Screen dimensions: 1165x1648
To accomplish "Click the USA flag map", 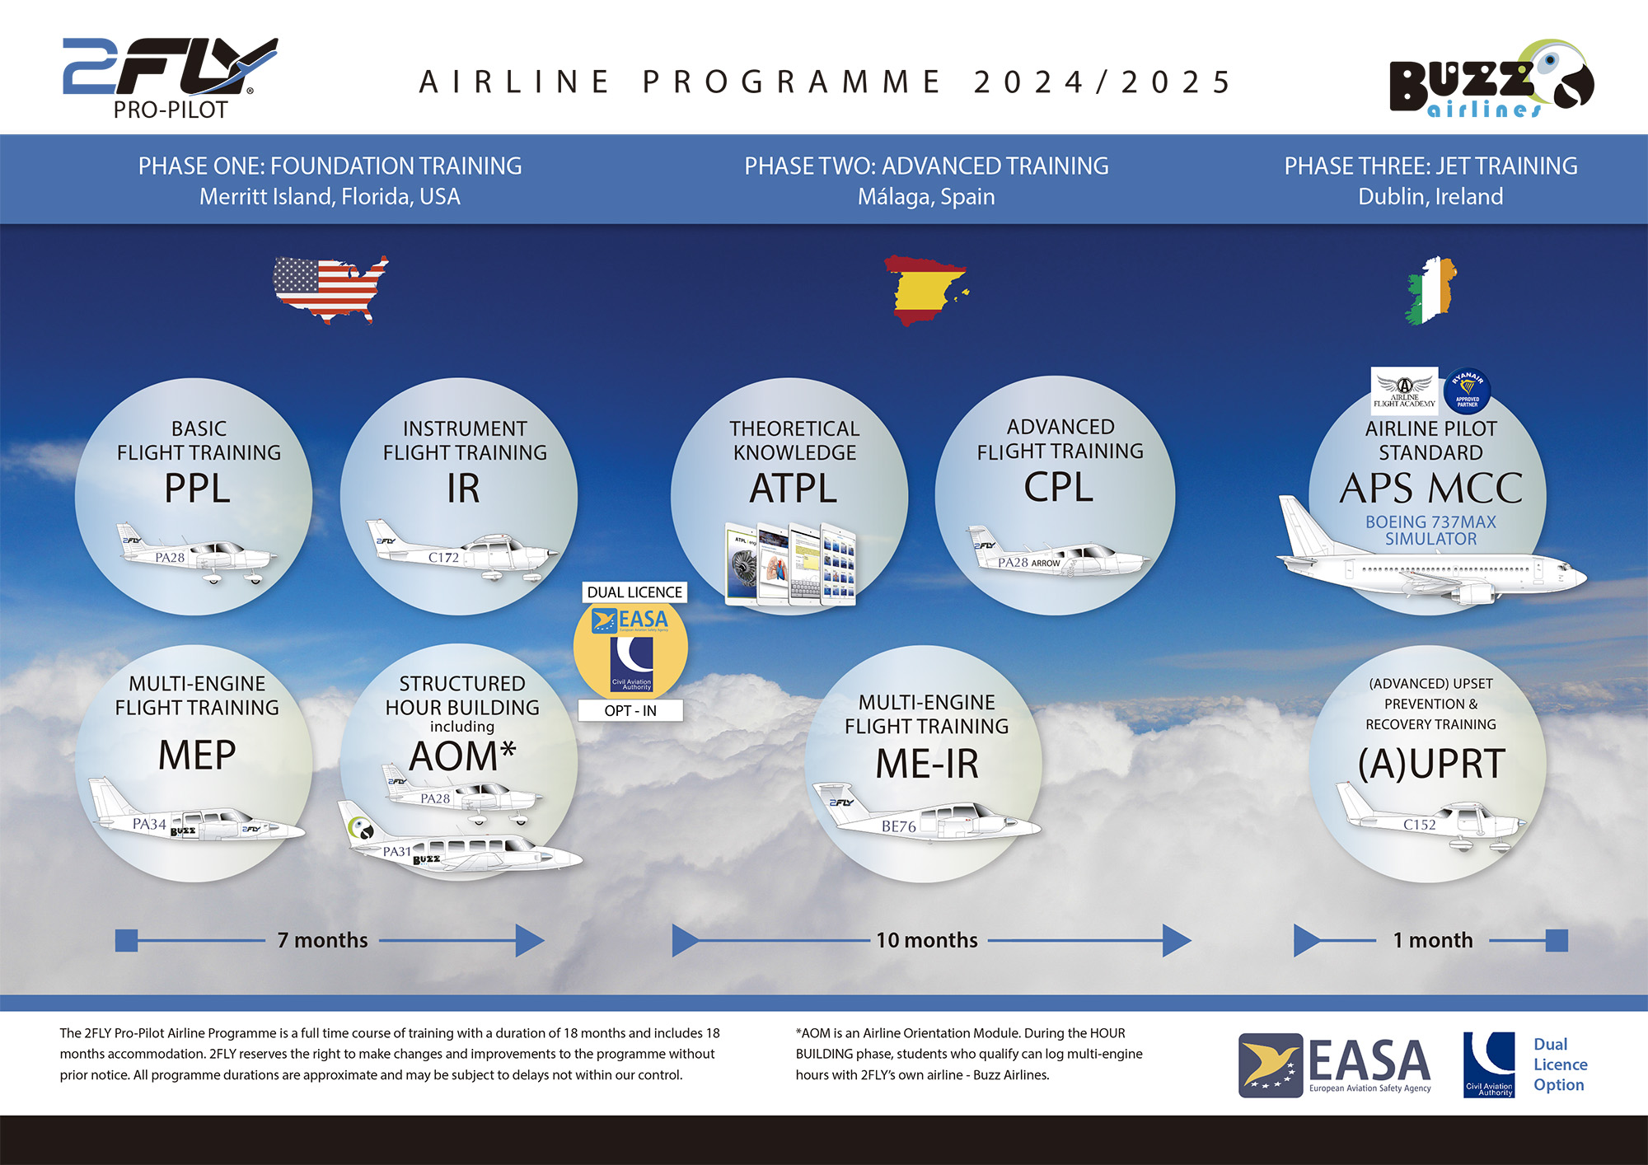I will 330,288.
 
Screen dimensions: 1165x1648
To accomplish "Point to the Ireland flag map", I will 1431,290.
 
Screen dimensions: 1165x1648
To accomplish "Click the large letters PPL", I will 197,489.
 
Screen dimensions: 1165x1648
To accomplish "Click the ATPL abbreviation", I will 793,489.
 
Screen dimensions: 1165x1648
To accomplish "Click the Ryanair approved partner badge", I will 1468,390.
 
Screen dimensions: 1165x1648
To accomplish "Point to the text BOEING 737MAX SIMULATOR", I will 1430,531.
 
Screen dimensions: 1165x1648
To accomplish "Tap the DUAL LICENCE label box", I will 634,592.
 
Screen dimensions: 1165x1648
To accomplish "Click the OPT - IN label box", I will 630,711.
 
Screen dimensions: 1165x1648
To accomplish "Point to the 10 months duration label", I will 926,940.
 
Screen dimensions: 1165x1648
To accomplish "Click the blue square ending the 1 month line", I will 1557,940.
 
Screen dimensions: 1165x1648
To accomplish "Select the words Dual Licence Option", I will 1559,1064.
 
